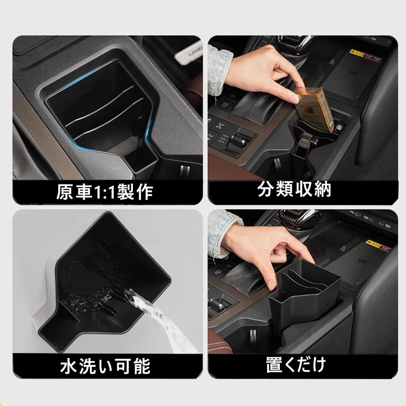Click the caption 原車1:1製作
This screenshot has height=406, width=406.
pos(104,192)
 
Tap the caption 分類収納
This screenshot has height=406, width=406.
pos(294,190)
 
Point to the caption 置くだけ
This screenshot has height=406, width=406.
pos(296,364)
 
